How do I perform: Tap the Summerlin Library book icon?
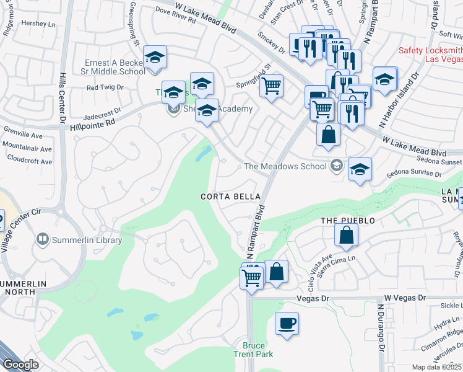42,239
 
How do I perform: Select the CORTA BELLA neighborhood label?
225,197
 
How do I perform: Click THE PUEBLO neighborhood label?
348,221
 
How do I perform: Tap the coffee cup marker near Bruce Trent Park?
287,324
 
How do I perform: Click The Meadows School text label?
285,166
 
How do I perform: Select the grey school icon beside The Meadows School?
336,165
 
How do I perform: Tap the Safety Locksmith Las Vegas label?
430,55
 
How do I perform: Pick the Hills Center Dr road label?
62,99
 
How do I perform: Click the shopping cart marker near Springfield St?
270,86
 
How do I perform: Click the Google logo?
20,364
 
